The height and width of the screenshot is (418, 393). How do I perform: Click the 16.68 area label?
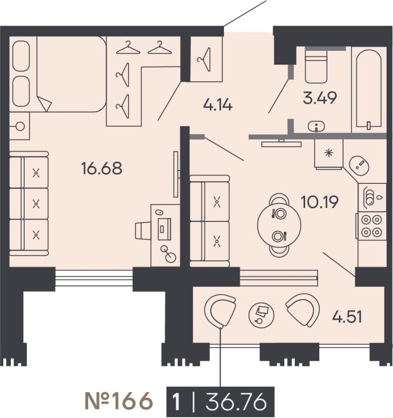click(x=102, y=168)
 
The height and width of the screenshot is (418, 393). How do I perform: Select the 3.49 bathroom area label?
click(x=320, y=98)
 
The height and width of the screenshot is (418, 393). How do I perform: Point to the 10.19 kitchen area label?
click(x=319, y=203)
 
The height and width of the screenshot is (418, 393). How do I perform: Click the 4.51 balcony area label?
click(x=346, y=316)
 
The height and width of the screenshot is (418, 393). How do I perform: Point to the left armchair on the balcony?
click(x=220, y=311)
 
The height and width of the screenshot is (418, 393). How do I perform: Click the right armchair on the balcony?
click(x=302, y=309)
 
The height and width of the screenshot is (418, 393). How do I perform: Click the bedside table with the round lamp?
click(x=19, y=126)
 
